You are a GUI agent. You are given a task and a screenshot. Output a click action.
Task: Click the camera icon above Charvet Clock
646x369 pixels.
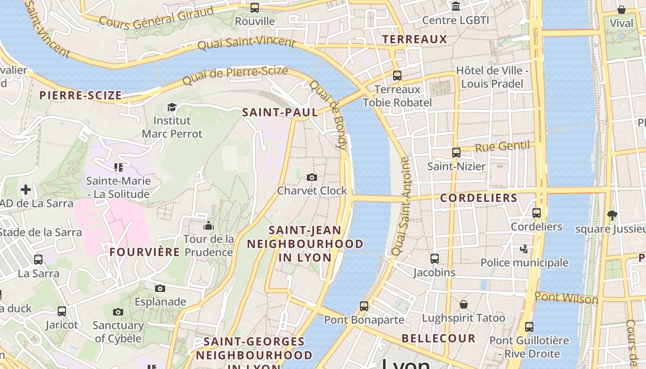coord(312,177)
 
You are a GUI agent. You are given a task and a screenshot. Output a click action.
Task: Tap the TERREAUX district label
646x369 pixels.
coord(415,39)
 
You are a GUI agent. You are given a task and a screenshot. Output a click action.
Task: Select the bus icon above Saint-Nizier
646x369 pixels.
coord(456,152)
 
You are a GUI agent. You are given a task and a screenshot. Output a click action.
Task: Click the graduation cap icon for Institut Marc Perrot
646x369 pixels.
coord(172,107)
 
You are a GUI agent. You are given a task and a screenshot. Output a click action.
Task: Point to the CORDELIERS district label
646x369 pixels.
coord(479,198)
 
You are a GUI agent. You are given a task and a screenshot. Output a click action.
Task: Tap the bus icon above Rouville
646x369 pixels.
coord(255,7)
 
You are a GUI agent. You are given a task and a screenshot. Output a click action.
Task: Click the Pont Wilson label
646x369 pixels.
coord(566,298)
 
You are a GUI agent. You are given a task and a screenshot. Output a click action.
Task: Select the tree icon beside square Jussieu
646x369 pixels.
coord(612,214)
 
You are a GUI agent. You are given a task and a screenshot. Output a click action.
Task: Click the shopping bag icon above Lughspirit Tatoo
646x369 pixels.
coord(463,304)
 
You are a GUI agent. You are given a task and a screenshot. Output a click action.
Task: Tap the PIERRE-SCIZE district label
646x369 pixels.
coord(81,95)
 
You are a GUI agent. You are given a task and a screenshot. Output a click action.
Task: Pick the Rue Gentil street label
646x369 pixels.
coord(502,147)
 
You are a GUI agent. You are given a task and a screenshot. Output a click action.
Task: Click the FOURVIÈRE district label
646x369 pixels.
coord(144,252)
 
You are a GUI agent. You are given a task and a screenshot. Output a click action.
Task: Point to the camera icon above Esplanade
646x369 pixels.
coord(160,288)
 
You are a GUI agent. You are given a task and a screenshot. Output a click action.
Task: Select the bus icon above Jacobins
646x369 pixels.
coord(434,259)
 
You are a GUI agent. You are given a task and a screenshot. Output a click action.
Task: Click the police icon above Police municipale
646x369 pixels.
coord(524,249)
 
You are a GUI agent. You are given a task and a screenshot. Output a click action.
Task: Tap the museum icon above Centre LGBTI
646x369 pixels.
coord(456,6)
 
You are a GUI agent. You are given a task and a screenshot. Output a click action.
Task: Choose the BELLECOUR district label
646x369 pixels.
coord(438,338)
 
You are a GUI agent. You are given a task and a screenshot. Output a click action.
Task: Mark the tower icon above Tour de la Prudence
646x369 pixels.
coord(209,226)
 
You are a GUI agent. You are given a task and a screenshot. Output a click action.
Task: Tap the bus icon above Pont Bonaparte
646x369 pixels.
coord(364,306)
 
